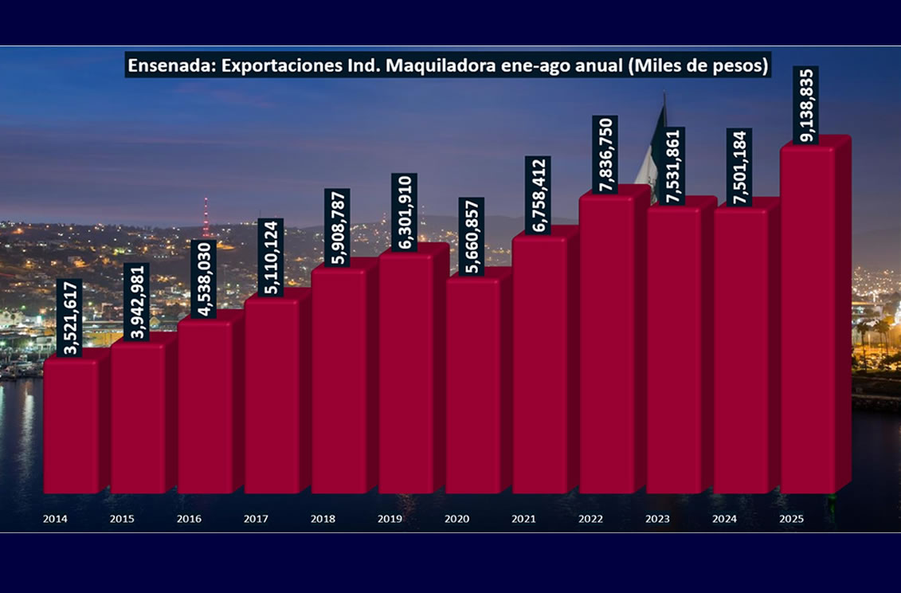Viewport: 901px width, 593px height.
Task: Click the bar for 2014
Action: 72,426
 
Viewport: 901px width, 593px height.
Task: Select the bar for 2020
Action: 473,387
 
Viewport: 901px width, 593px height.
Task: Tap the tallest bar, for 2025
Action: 808,319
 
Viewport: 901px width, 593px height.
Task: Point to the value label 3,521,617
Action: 72,316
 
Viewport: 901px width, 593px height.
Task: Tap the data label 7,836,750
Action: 606,154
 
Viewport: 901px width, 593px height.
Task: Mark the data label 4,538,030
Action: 205,278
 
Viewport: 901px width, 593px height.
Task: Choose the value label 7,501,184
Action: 739,167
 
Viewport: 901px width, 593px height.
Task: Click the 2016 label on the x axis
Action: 189,519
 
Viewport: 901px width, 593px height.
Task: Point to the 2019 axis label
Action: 390,519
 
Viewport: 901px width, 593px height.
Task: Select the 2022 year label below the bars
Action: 590,519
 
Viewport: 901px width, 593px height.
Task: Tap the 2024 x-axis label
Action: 725,519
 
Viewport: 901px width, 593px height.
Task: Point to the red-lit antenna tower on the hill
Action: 205,217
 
